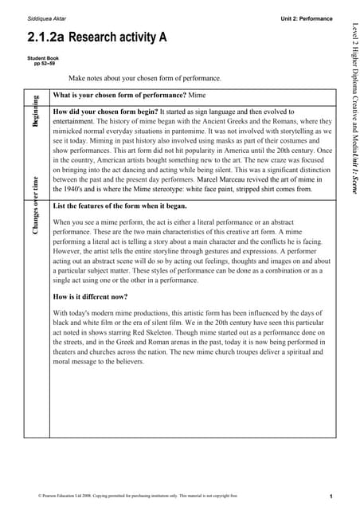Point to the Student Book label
point(44,58)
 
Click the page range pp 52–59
point(45,64)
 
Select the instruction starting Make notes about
point(144,79)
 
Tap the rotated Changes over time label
point(36,206)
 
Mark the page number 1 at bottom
point(330,496)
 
